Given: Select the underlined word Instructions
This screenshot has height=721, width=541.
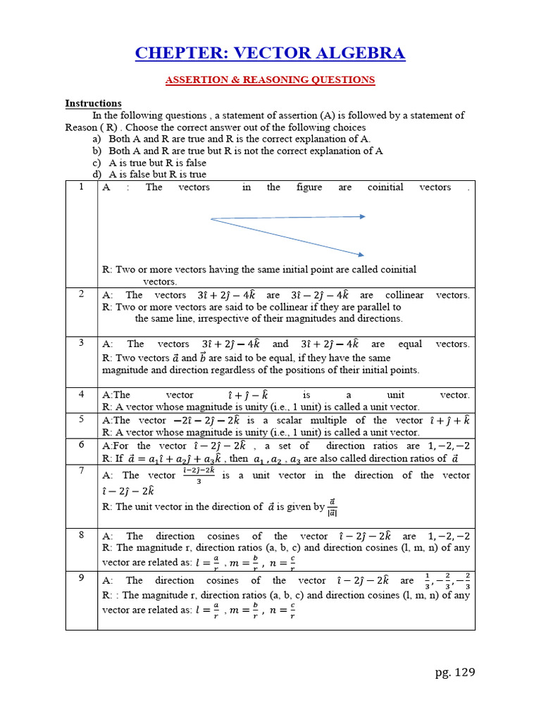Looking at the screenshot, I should (93, 104).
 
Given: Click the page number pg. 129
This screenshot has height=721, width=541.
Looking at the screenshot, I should (455, 672).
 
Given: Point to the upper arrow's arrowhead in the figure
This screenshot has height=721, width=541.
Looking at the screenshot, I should (363, 216).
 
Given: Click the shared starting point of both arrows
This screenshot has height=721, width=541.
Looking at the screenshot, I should (211, 219).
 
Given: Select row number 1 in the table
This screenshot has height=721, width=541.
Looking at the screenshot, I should (82, 187).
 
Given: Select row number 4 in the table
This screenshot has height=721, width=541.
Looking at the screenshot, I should (82, 394).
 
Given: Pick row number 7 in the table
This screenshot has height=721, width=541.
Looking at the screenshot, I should (82, 470).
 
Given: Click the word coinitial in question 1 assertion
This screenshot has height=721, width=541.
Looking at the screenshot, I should (385, 187).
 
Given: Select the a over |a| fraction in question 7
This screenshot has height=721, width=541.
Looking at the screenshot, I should (332, 506).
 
